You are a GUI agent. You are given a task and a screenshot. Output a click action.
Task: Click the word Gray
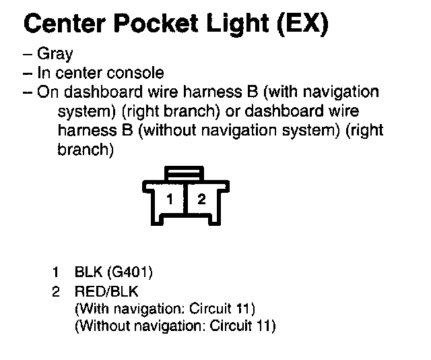pos(55,54)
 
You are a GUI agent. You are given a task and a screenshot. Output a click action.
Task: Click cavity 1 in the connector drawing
pos(171,199)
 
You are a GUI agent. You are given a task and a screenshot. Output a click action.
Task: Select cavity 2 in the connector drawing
pos(200,199)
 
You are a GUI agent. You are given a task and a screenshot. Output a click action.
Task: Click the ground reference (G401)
pos(131,272)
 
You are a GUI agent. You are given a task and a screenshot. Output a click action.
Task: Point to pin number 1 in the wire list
pos(56,272)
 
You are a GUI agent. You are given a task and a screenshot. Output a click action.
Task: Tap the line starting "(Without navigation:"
pos(175,326)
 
